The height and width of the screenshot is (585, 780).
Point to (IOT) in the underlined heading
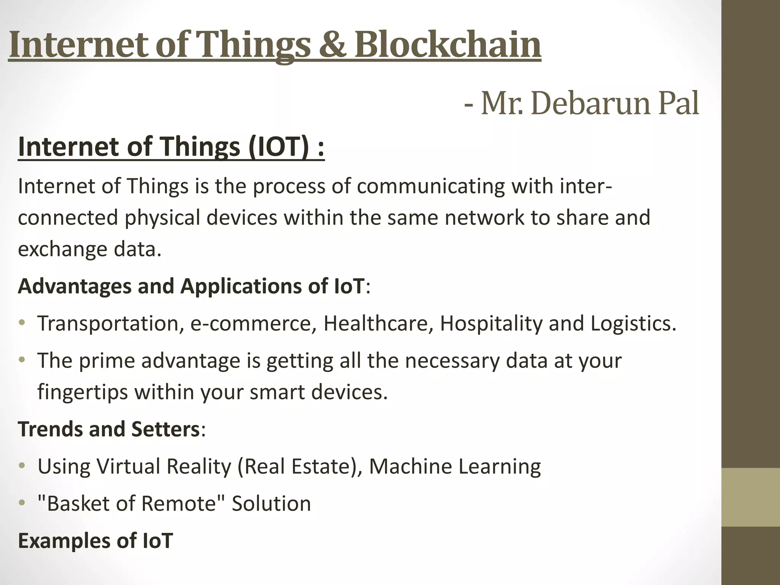pos(278,147)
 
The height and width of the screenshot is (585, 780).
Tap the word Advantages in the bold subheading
pos(75,286)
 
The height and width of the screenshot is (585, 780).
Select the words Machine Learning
pos(455,467)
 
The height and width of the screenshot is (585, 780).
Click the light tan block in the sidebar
pos(751,497)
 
